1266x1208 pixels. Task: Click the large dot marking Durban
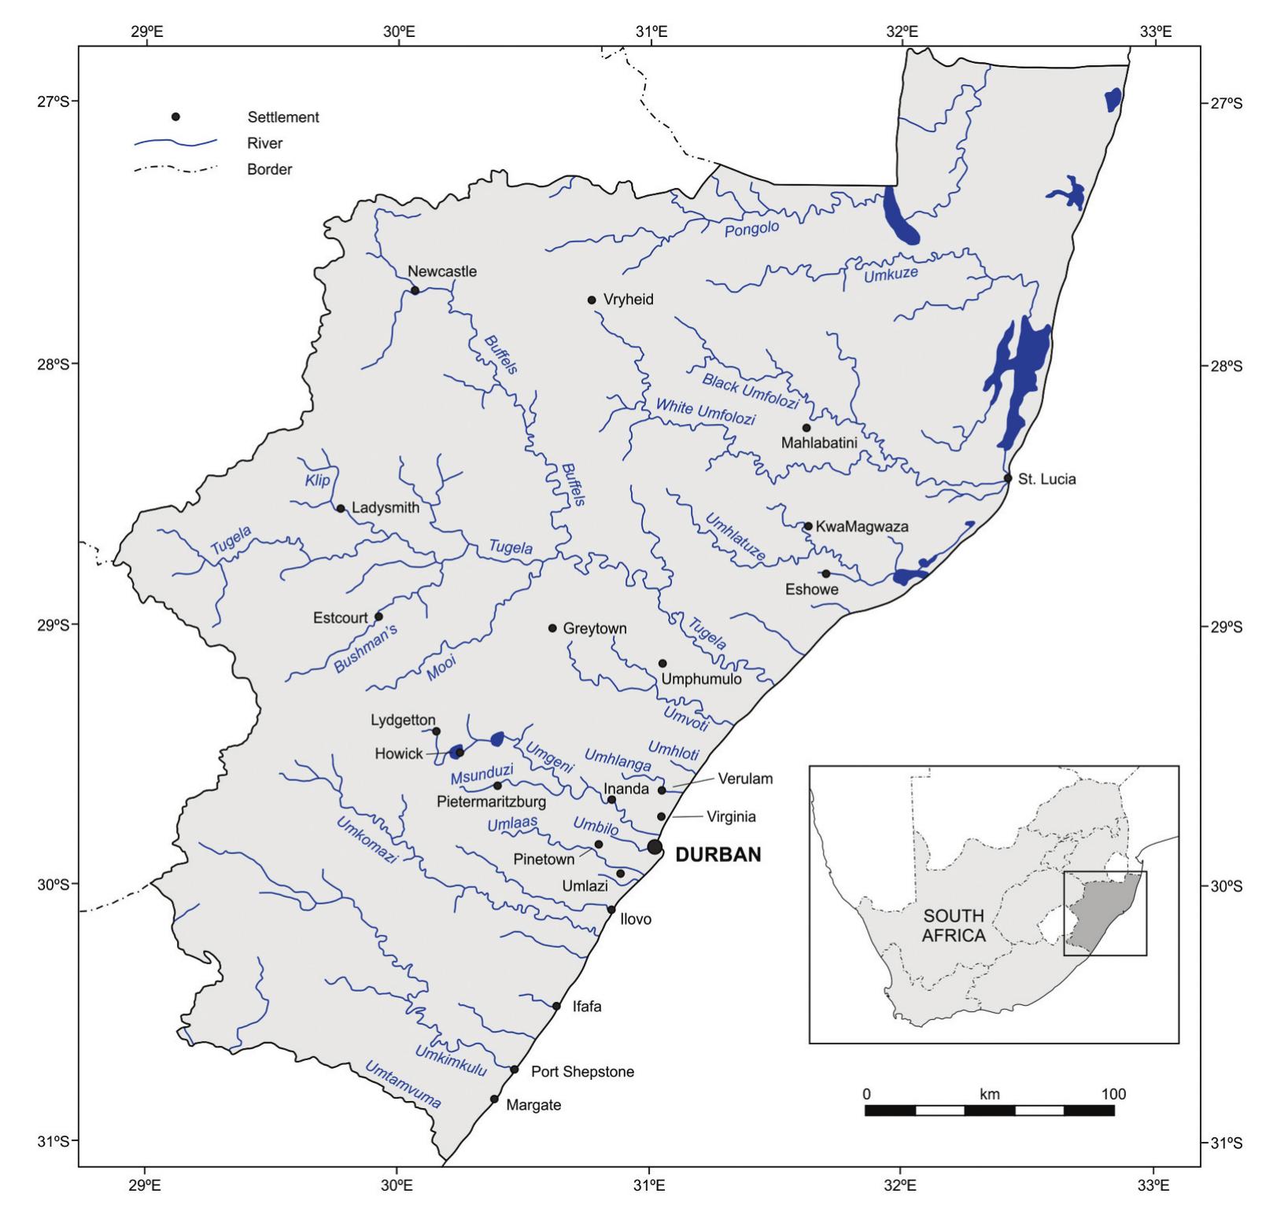[x=655, y=846]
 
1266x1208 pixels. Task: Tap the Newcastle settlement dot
[x=415, y=290]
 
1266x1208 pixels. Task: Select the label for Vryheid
[x=628, y=300]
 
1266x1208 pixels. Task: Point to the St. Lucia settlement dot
[x=1008, y=478]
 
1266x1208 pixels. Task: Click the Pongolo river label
[x=751, y=229]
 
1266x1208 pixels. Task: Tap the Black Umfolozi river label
[x=750, y=392]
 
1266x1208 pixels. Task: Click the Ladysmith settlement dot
[x=341, y=508]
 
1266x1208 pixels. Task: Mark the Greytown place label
[x=594, y=628]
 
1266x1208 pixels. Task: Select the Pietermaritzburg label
[x=492, y=802]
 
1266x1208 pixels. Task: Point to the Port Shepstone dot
[x=515, y=1070]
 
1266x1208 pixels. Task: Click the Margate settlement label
[x=533, y=1105]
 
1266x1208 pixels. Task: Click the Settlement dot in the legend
[x=175, y=117]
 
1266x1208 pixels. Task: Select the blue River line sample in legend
[x=175, y=143]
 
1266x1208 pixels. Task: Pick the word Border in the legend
[x=269, y=169]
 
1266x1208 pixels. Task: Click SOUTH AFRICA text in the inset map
[x=954, y=926]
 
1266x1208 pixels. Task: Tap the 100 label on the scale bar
[x=1113, y=1094]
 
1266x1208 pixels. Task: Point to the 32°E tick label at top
[x=902, y=32]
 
